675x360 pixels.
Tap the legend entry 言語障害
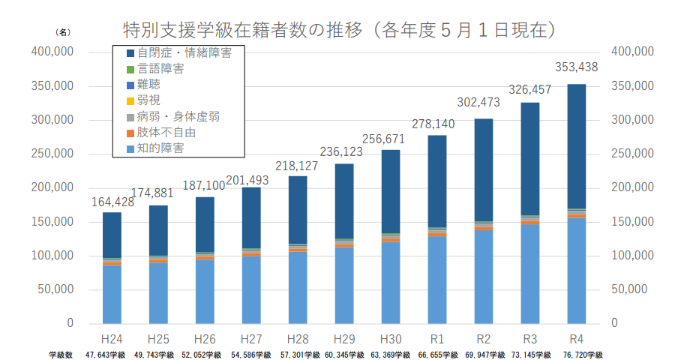tap(161, 69)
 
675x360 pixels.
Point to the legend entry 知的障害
tap(161, 148)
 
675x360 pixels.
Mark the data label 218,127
tap(297, 165)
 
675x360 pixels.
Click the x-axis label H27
tap(251, 337)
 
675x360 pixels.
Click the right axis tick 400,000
tap(633, 52)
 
